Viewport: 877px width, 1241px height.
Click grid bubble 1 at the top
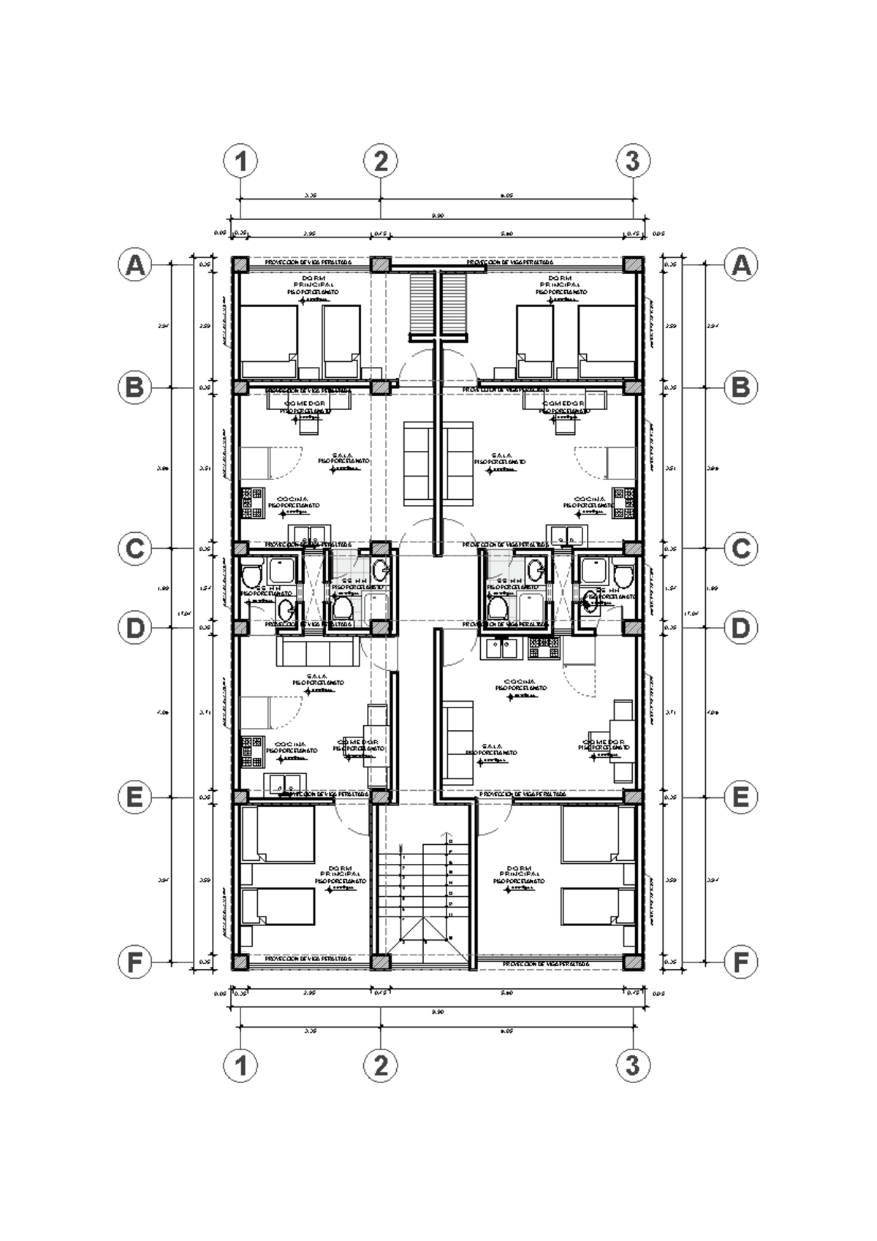[x=240, y=161]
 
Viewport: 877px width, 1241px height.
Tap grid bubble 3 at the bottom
[x=633, y=1066]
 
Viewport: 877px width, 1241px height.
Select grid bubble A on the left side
[x=134, y=265]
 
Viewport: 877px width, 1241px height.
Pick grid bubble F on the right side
[x=741, y=963]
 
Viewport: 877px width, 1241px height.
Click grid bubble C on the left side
[x=134, y=548]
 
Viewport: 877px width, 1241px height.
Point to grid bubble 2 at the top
[x=380, y=161]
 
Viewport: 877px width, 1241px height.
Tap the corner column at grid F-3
[x=633, y=962]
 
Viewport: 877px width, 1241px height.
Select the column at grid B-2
[x=379, y=387]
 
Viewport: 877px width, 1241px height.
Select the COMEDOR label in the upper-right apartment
[x=563, y=403]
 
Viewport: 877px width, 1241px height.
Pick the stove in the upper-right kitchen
[x=623, y=503]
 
